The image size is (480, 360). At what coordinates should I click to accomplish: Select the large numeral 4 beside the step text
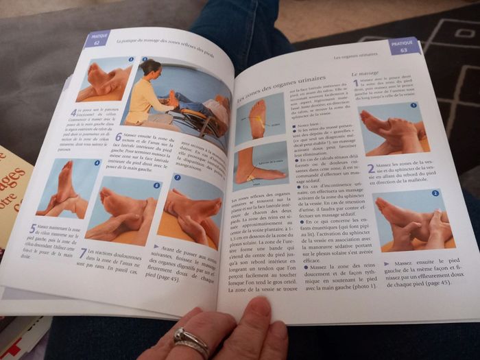coord(74,112)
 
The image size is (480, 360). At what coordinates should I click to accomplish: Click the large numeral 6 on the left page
coord(118,136)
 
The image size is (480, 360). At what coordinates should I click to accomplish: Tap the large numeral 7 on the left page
coord(83,254)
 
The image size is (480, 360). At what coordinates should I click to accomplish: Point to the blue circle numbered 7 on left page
coord(176,178)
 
